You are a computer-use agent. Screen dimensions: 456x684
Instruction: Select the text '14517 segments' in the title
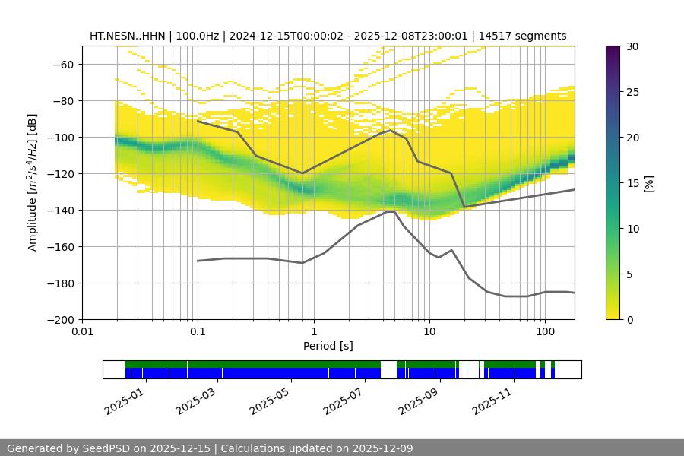point(529,36)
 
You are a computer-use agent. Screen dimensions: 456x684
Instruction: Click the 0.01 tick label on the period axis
point(82,332)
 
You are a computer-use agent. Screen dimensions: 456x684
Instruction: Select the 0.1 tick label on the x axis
point(198,332)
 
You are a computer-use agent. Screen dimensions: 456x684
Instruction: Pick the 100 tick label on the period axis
point(544,332)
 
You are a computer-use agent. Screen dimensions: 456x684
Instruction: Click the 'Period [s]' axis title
point(328,347)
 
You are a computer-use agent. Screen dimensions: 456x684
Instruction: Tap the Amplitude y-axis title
point(32,182)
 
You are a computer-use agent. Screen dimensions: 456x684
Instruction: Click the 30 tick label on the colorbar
point(632,46)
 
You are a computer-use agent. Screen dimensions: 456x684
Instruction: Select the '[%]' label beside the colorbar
point(648,182)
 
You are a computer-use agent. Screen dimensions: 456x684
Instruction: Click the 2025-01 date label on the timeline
point(123,399)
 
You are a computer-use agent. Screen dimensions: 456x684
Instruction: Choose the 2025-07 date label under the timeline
point(344,399)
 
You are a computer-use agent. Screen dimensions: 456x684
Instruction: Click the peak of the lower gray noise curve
point(391,211)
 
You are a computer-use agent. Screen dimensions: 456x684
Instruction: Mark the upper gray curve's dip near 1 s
point(302,173)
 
